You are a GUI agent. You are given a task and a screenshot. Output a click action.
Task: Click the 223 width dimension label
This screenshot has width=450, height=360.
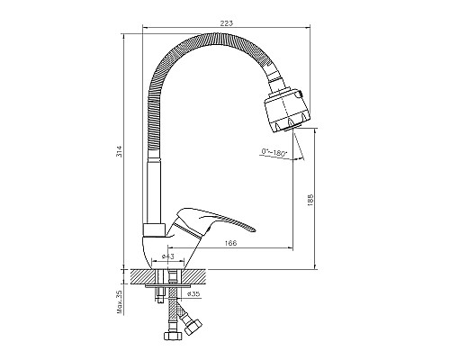pyautogui.click(x=227, y=23)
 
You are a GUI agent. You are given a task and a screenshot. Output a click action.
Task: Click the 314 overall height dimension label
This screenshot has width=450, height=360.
pyautogui.click(x=120, y=151)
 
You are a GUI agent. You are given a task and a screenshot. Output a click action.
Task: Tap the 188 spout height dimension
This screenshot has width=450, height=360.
pyautogui.click(x=310, y=200)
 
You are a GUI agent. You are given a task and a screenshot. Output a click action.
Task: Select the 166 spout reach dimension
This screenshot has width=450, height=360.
pyautogui.click(x=231, y=243)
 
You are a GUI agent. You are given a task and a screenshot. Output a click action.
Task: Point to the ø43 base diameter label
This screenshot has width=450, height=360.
pyautogui.click(x=168, y=256)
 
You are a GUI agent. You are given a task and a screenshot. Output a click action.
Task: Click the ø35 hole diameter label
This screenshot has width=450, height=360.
pyautogui.click(x=193, y=294)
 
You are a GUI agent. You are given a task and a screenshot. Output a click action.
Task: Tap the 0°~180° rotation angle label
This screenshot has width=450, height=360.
pyautogui.click(x=274, y=152)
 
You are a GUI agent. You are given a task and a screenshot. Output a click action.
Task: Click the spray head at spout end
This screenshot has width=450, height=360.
pyautogui.click(x=287, y=111)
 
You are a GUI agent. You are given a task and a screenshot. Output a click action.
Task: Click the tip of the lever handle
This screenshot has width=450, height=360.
pyautogui.click(x=256, y=230)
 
